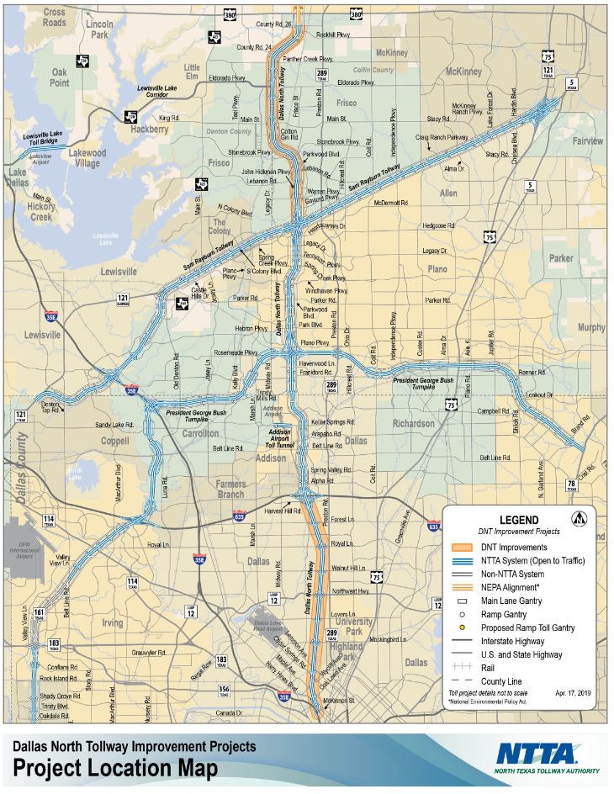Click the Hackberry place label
148,130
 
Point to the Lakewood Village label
87,158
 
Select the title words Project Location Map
114,769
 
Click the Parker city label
559,258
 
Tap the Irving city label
112,622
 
